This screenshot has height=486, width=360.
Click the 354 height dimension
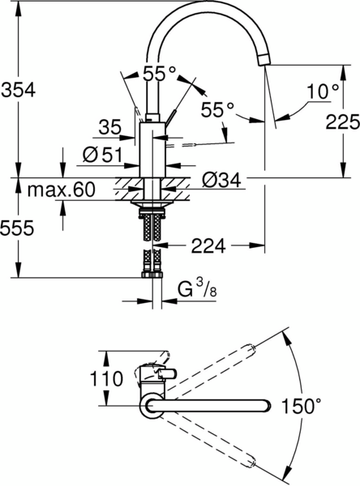tap(19, 91)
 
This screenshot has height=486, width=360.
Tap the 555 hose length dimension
tap(17, 228)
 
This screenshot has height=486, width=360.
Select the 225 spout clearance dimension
tap(343, 122)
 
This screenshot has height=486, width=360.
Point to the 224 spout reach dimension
tap(208, 245)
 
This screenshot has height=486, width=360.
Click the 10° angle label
tap(323, 92)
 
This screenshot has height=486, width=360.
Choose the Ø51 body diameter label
tap(102, 155)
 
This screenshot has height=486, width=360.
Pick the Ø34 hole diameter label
tap(221, 180)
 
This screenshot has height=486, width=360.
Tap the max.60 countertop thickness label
tap(61, 190)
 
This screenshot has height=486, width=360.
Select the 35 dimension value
tap(109, 127)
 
